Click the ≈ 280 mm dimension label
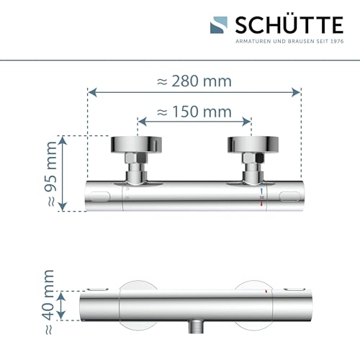pos(194,81)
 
